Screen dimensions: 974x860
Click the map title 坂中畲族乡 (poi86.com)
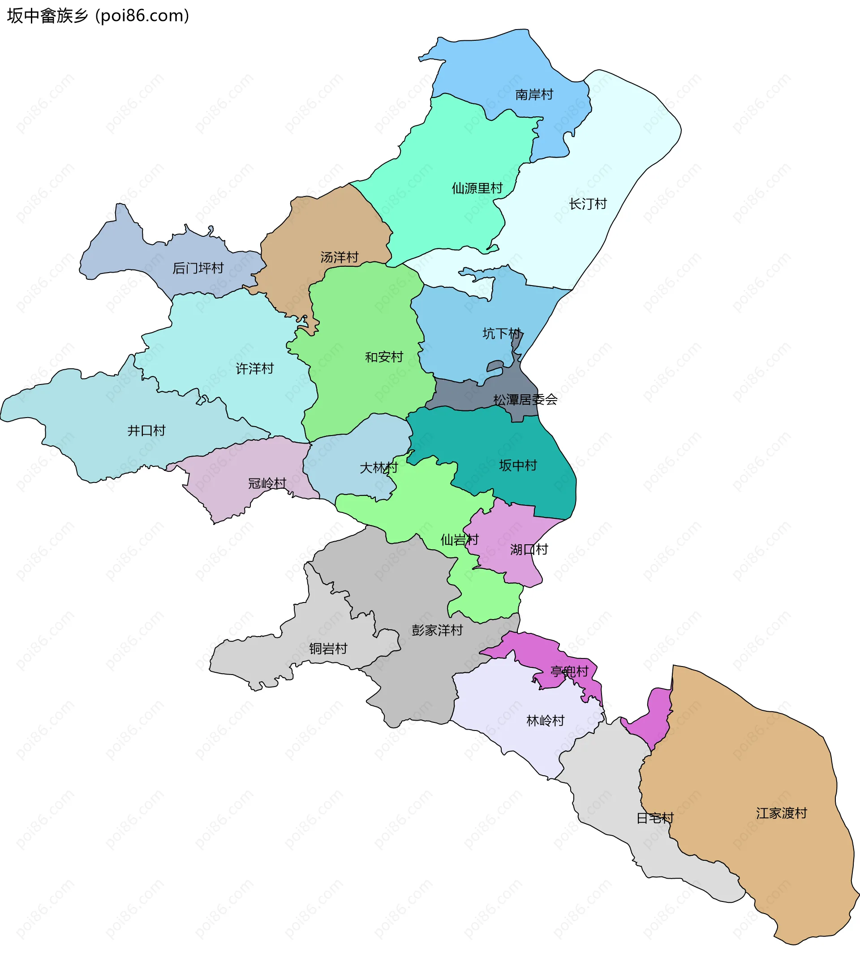[98, 16]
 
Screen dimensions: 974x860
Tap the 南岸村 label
[534, 95]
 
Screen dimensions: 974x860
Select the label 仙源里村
[477, 188]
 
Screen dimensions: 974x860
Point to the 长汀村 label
[587, 204]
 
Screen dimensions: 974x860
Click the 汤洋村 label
[339, 257]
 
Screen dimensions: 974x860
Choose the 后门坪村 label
[198, 268]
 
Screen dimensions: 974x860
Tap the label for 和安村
[384, 357]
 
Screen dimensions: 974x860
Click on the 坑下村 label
[502, 333]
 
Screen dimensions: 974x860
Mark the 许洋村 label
[254, 368]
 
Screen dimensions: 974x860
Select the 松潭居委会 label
[525, 399]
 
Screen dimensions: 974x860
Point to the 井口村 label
[146, 430]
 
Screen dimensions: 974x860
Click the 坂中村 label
[518, 465]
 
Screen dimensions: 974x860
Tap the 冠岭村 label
[267, 483]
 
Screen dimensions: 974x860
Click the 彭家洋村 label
[437, 630]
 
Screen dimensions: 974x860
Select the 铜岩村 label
[328, 649]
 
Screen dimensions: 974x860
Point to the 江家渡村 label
[781, 813]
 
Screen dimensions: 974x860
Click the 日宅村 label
[655, 818]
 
